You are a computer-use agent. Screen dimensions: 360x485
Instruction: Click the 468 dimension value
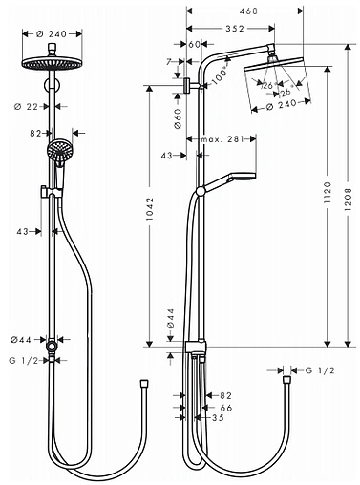[x=248, y=11]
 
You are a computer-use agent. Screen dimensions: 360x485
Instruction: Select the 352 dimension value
[x=235, y=29]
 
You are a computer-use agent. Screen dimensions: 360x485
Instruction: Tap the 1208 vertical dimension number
[x=348, y=199]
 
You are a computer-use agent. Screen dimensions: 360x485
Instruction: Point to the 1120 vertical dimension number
[x=328, y=193]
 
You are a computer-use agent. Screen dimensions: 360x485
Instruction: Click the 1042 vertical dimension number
[x=150, y=209]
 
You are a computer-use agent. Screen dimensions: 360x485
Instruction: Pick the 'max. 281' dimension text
[x=222, y=139]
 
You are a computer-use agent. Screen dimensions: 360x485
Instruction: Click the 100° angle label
[x=220, y=75]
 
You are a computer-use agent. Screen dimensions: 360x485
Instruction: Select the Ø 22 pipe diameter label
[x=26, y=107]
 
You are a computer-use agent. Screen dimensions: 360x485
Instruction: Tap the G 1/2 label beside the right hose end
[x=320, y=370]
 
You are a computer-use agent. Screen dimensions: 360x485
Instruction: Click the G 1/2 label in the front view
[x=24, y=360]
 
